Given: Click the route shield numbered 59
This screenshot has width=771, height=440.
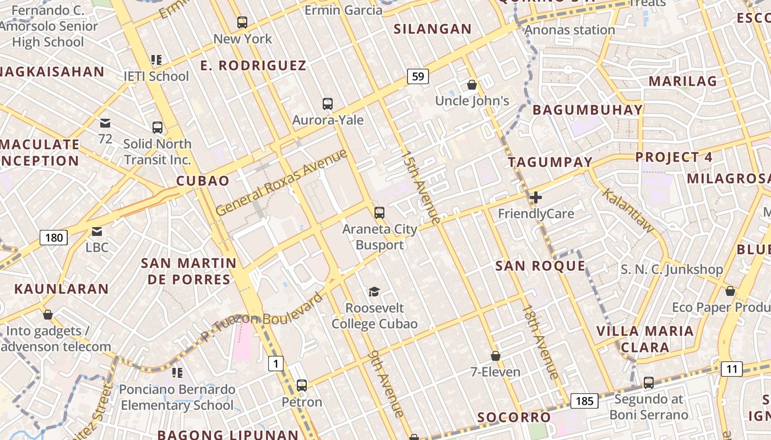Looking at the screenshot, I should tap(418, 76).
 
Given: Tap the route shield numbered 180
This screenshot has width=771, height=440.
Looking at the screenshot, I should tap(54, 238).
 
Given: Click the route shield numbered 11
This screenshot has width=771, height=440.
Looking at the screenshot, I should tap(731, 369).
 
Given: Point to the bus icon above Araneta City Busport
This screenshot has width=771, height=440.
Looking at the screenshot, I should tap(379, 212).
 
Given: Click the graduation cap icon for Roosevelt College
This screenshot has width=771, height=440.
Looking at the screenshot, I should tap(374, 291).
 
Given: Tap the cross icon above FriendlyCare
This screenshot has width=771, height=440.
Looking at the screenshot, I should tap(535, 197).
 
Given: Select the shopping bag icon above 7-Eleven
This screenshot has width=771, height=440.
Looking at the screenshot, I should tap(496, 356).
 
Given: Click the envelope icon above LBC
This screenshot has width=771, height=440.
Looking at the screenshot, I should tap(97, 232).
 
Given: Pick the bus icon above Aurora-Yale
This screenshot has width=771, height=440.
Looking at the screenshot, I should tap(328, 103).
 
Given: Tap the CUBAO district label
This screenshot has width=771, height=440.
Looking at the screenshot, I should tap(203, 181).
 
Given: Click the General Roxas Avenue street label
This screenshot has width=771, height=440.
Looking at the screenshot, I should tap(281, 182).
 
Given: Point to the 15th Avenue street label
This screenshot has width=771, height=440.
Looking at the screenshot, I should tap(421, 187).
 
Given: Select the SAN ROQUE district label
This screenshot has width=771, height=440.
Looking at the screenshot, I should tap(540, 266).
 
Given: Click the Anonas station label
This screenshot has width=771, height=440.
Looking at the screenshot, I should tap(570, 30).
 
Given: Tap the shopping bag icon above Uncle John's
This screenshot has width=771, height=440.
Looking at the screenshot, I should tap(472, 85).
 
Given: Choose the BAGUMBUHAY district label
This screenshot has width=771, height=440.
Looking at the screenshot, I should tap(588, 110).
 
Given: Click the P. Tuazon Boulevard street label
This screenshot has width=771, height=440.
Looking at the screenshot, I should tap(262, 317).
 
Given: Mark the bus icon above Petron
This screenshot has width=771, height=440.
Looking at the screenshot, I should tap(302, 385).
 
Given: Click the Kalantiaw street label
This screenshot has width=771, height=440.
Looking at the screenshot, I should tap(628, 210).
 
